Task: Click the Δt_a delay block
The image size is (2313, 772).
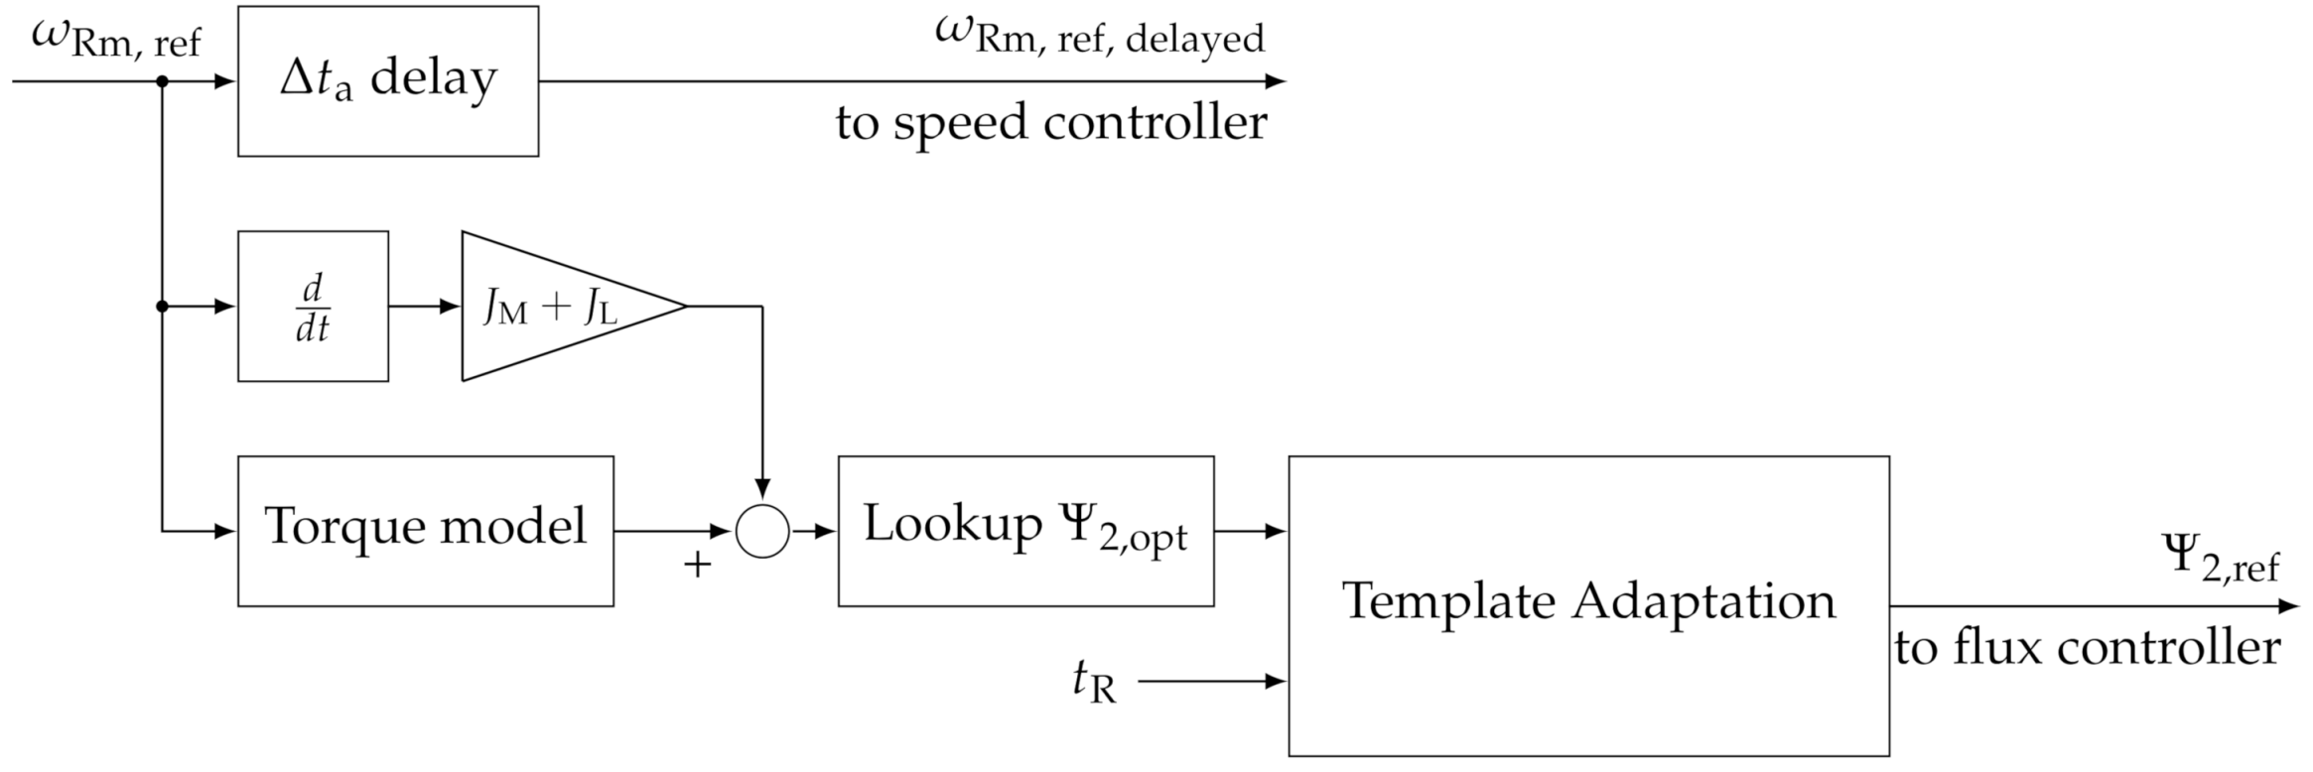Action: [387, 81]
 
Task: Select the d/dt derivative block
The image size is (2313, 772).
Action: [313, 307]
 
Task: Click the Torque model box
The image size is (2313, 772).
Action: [425, 531]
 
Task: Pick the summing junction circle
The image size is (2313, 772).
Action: [762, 531]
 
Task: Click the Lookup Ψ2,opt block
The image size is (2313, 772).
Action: [1025, 531]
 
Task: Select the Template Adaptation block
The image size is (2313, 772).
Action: [1588, 605]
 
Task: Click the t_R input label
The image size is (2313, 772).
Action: [1094, 683]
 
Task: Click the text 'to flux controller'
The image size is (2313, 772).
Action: [2087, 649]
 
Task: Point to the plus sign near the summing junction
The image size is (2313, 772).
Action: [698, 566]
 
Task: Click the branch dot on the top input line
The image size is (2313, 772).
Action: [162, 81]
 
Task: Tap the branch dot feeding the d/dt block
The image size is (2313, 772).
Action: [162, 307]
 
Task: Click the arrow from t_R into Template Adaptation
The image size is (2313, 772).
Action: [1213, 682]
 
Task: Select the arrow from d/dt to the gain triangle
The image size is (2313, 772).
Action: [425, 307]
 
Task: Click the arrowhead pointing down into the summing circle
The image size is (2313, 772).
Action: [762, 489]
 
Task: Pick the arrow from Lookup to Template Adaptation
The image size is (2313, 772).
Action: [1251, 531]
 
